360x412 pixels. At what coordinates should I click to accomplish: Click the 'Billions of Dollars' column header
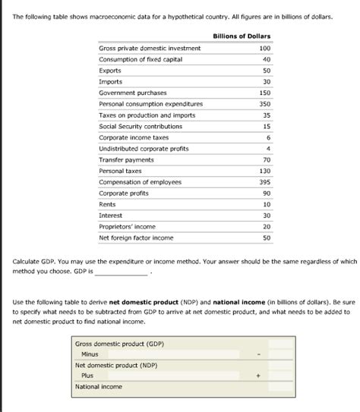pos(241,36)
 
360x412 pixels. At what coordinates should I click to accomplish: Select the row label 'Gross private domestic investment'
pos(150,48)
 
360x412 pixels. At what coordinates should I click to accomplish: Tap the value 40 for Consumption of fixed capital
pos(266,59)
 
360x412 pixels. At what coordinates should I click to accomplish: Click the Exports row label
pos(110,70)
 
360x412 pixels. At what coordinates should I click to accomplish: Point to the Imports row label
pos(110,81)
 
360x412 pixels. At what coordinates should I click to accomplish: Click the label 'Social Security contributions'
pos(141,126)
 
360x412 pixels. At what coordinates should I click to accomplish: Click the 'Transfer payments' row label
pos(126,160)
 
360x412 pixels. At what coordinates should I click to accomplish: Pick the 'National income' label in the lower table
pos(98,386)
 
